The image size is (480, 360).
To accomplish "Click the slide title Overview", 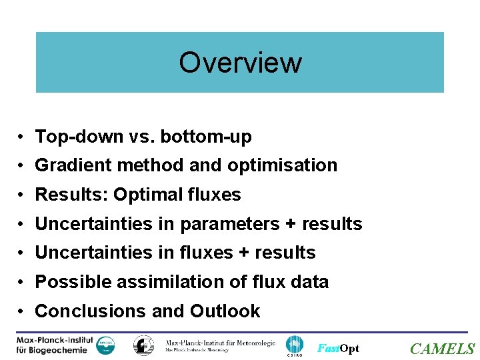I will tap(240, 62).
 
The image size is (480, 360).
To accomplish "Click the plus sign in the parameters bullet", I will tap(291, 224).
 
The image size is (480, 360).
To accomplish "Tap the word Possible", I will tap(73, 282).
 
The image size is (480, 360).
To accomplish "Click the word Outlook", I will tap(225, 311).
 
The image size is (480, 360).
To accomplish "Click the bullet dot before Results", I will tap(22, 195).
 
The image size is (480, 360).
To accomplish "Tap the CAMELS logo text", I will tap(442, 349).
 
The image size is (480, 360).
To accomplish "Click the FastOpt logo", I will tap(338, 348).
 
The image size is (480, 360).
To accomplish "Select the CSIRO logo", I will tap(294, 346).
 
